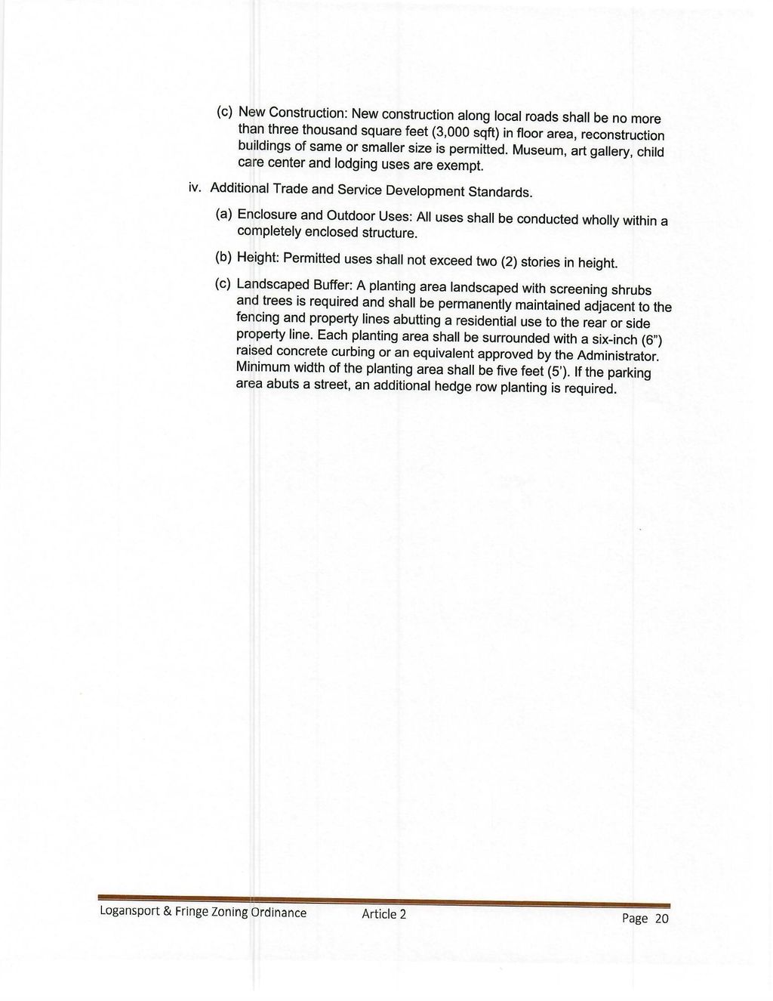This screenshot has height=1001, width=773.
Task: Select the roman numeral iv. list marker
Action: tap(194, 186)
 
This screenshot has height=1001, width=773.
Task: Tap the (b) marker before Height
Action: tap(223, 257)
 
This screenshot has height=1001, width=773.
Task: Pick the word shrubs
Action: tap(630, 290)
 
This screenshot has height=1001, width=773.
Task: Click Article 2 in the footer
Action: tap(384, 913)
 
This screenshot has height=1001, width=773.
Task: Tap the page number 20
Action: tap(661, 919)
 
